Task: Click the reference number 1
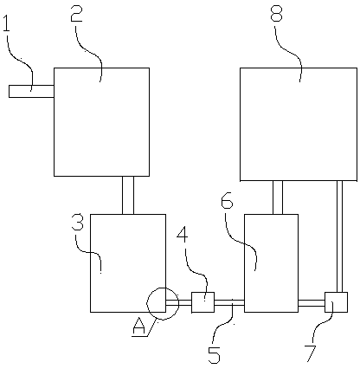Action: click(x=6, y=23)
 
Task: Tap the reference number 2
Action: click(x=76, y=13)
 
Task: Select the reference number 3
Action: click(x=77, y=222)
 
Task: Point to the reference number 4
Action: click(x=183, y=236)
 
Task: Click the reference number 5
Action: click(x=215, y=354)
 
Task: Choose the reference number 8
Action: click(x=277, y=12)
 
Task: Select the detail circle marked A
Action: click(x=147, y=303)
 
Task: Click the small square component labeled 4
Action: click(x=203, y=302)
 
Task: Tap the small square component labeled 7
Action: click(x=336, y=302)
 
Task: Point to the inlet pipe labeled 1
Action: click(x=31, y=91)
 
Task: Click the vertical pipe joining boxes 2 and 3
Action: click(x=128, y=195)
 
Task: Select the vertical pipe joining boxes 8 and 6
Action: click(x=278, y=197)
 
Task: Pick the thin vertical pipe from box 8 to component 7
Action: click(x=340, y=236)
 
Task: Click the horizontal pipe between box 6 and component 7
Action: click(x=312, y=303)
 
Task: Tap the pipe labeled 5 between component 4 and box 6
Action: click(x=229, y=303)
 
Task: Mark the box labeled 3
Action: click(x=128, y=263)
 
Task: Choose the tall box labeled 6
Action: click(x=271, y=263)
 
